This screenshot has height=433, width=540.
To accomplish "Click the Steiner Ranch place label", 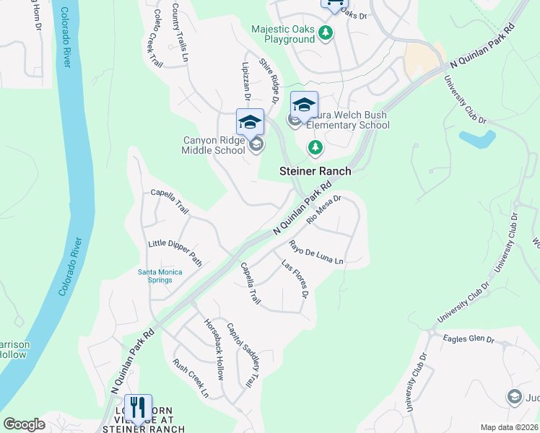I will (315, 171).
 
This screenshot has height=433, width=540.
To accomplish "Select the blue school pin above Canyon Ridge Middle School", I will (250, 122).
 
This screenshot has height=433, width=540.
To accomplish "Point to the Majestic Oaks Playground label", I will (283, 35).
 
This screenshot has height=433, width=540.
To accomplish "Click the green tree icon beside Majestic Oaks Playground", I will (326, 32).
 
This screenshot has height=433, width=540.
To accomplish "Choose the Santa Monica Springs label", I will (160, 276).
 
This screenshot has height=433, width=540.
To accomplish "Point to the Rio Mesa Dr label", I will (323, 209).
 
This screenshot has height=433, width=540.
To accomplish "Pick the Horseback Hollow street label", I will (214, 349).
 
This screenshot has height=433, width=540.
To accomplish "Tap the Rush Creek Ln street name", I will (190, 379).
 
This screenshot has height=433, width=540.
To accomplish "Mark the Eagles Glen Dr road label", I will (469, 338).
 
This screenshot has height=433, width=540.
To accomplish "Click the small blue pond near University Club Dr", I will (477, 138).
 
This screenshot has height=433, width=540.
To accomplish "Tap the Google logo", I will (24, 424).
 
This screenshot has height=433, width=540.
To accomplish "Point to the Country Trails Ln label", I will (180, 32).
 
